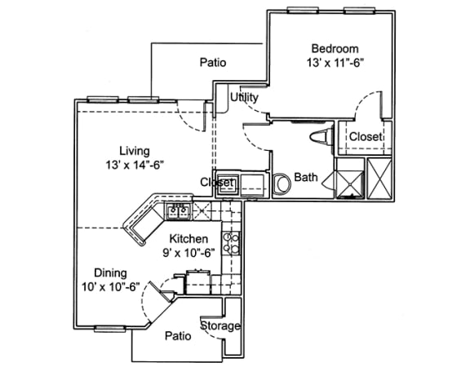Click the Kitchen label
pos(188,238)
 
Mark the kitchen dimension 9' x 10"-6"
pos(188,252)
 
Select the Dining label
pos(110,273)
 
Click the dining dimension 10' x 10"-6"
pos(110,287)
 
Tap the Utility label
pos(244,98)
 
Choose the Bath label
pos(306,177)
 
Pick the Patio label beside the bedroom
pos(213,63)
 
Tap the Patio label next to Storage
pos(178,335)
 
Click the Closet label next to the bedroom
pos(366,137)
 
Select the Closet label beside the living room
pos(218,183)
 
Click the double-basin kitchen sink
pos(179,212)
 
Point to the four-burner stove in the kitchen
pos(232,241)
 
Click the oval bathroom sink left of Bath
pos(282,184)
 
